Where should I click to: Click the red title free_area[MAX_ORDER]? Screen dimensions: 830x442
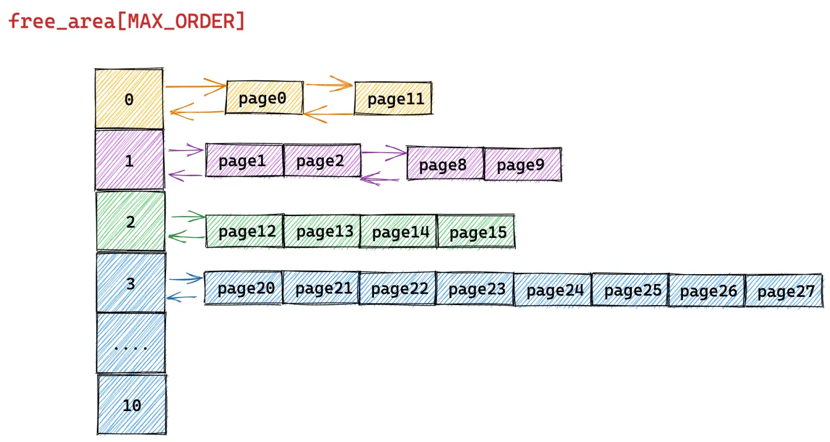(x=126, y=20)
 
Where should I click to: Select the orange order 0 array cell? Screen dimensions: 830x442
(x=129, y=99)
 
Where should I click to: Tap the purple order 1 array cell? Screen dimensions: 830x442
(x=129, y=160)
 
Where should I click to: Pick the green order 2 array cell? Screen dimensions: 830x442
(x=131, y=222)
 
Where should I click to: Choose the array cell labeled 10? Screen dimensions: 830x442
(x=132, y=404)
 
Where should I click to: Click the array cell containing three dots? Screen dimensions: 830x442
(x=131, y=343)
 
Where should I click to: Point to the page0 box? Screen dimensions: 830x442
(x=264, y=98)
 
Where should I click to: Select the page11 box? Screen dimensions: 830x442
(x=393, y=98)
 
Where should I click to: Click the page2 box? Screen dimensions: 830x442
(x=322, y=160)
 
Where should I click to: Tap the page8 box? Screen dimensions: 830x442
(x=445, y=163)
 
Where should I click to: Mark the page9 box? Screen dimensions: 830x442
(x=523, y=165)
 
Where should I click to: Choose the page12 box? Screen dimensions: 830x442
(x=245, y=230)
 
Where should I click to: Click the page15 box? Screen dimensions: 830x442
(x=476, y=232)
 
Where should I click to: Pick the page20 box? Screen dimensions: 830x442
(x=243, y=288)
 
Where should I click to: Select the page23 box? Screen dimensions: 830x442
(x=475, y=289)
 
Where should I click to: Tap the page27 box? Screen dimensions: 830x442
(x=784, y=291)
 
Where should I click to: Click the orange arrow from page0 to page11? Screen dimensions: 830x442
(x=329, y=85)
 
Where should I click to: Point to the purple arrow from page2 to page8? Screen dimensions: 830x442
(x=384, y=152)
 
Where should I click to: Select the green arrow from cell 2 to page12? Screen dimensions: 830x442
(x=188, y=216)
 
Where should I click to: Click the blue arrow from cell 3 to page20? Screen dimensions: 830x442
(x=185, y=278)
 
